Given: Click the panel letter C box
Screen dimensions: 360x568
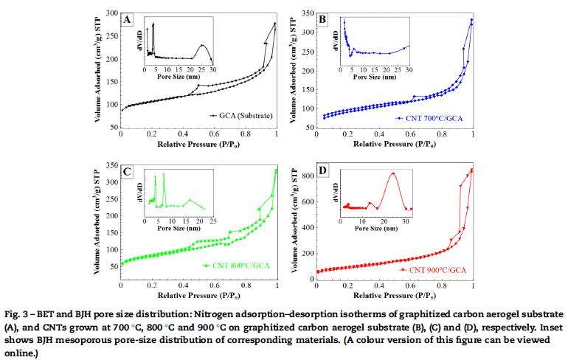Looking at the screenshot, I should tap(128, 172).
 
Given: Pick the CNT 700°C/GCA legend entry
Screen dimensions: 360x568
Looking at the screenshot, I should tap(428, 117).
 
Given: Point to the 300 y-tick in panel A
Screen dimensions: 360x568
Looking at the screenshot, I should tap(111, 13).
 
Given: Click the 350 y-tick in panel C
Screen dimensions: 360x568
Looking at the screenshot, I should tap(111, 165).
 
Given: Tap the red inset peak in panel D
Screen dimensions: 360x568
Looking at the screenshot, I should tap(393, 173).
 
